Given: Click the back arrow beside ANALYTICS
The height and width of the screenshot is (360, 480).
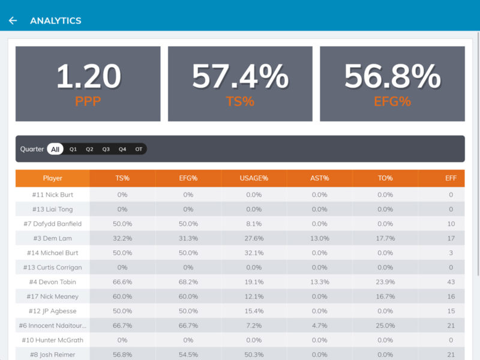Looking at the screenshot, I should pos(13,20).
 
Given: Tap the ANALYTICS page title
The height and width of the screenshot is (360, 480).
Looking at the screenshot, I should pos(56,20).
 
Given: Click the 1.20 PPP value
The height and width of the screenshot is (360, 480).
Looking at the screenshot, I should pos(88,77).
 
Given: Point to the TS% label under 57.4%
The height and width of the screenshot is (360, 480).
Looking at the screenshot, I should pos(240,101).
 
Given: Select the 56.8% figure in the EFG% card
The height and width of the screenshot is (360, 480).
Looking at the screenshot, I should pos(392,77).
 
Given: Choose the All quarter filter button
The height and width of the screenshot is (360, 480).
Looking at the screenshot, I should pos(55,149).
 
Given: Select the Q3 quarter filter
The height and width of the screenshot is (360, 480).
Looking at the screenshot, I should pos(106,149).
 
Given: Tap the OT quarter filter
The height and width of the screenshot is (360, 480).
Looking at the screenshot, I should pos(139,149).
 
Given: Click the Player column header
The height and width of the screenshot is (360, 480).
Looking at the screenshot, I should pos(53,178).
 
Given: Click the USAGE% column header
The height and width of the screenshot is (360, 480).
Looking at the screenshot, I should pos(254,178).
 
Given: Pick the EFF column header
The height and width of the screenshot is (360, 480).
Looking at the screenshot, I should pos(451,178).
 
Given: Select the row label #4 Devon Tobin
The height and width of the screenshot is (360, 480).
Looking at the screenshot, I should pos(53,282).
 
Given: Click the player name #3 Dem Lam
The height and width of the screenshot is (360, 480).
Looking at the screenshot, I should pos(53,238).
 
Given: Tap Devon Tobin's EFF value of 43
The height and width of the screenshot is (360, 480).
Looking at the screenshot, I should pos(451,282).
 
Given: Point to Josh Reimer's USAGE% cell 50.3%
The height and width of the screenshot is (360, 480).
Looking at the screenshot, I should pos(254,355).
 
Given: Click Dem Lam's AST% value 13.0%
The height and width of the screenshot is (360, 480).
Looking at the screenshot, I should pos(319,238).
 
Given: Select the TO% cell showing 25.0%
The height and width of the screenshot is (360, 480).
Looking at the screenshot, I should pos(385,326).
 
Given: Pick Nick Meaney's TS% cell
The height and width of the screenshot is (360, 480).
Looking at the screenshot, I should pos(122,296).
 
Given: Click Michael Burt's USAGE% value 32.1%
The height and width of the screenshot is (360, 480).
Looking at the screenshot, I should pos(254,253).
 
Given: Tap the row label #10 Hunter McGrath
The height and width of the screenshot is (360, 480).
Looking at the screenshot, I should pos(53,340).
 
